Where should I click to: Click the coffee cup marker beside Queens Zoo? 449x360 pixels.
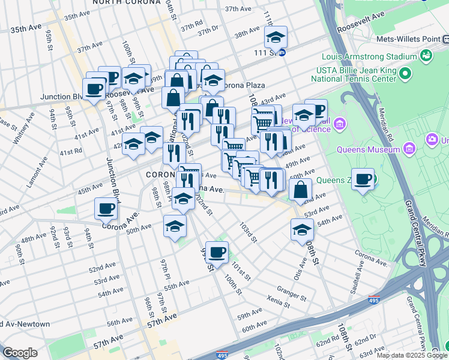tap(363, 179)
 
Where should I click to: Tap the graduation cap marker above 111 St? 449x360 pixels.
tap(276, 37)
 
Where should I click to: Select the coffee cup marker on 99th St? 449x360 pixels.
tap(216, 251)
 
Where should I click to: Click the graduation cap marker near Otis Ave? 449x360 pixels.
tap(301, 230)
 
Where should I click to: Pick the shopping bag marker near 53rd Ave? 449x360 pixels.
tap(300, 190)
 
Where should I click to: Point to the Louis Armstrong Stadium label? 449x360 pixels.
tap(369, 57)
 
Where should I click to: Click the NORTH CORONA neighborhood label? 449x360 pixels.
tap(126, 2)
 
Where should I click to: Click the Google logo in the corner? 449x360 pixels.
tap(20, 353)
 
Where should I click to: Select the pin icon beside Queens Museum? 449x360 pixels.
tap(410, 147)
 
